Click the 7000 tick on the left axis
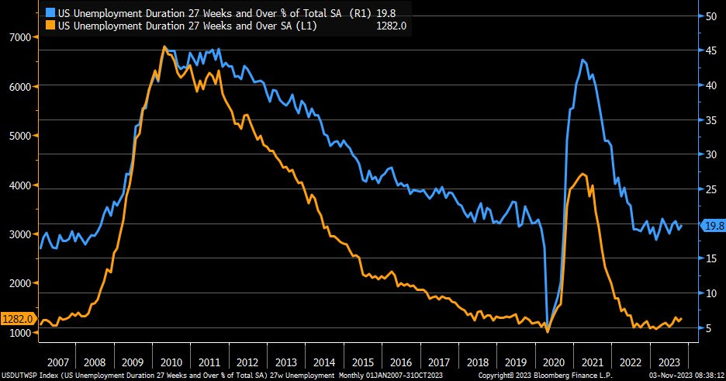(x=19, y=37)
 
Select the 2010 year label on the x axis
(x=171, y=362)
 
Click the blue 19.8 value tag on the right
(x=712, y=226)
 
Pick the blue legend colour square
(x=50, y=12)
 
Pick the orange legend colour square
(x=50, y=26)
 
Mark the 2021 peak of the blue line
(x=582, y=60)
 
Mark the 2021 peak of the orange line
(x=583, y=173)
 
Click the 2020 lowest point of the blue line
(x=548, y=328)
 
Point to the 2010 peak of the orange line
(x=164, y=47)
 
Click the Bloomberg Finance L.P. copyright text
(x=535, y=374)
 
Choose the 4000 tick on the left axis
(x=19, y=185)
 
